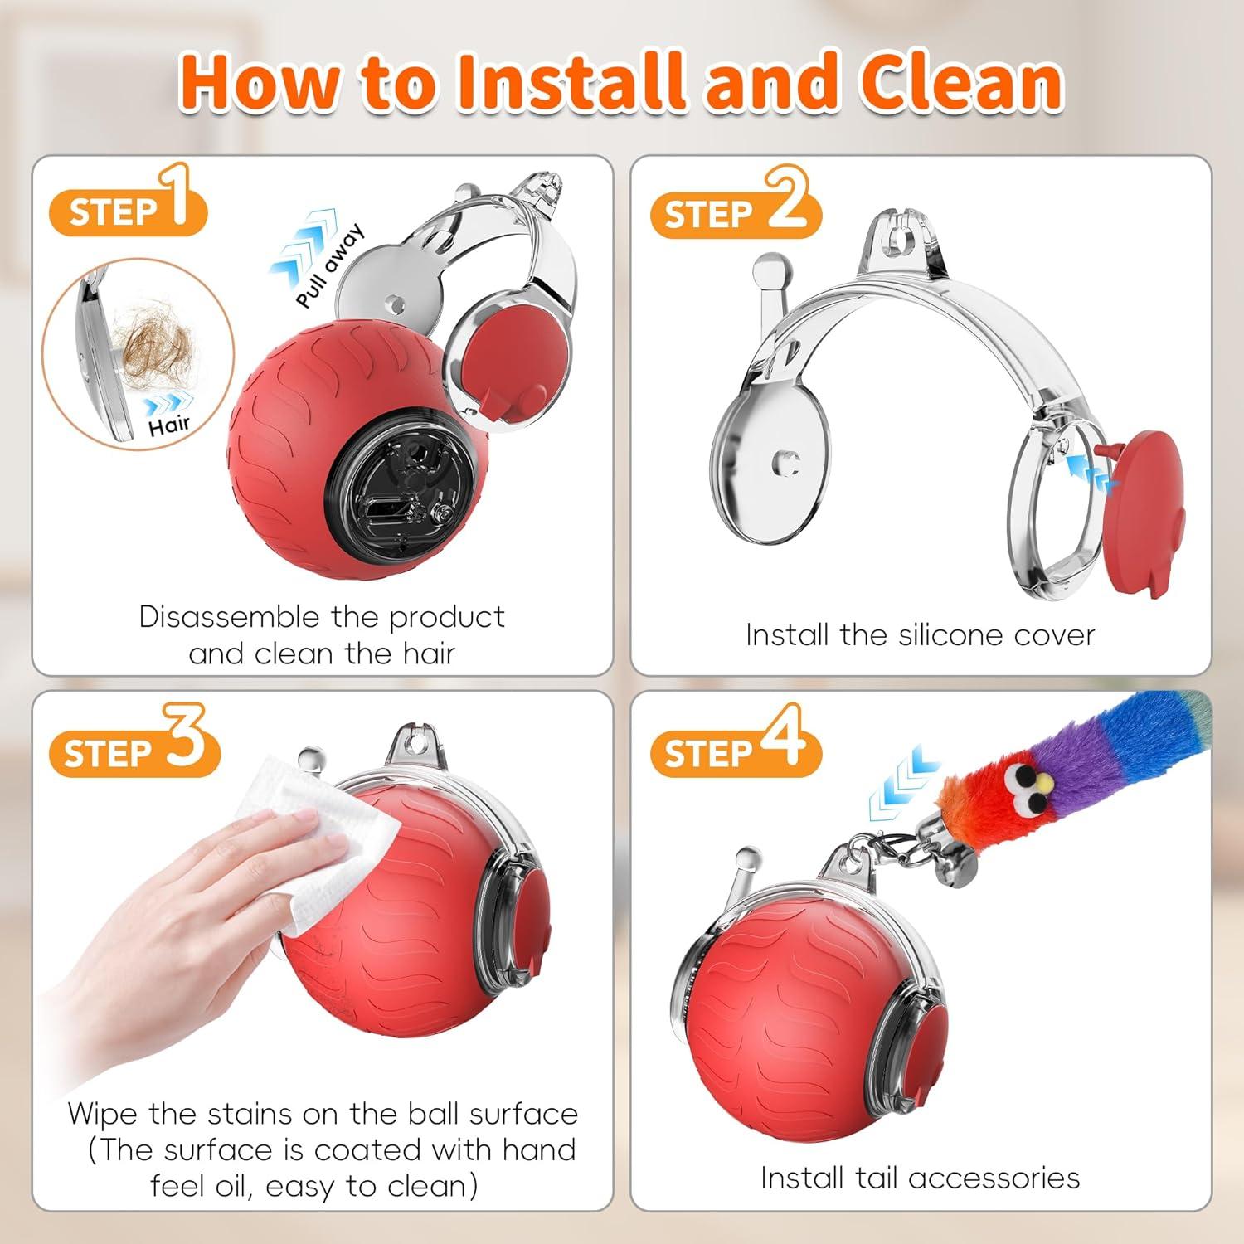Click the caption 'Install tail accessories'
coord(920,1178)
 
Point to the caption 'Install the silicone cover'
coord(920,635)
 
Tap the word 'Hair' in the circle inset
coord(170,426)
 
